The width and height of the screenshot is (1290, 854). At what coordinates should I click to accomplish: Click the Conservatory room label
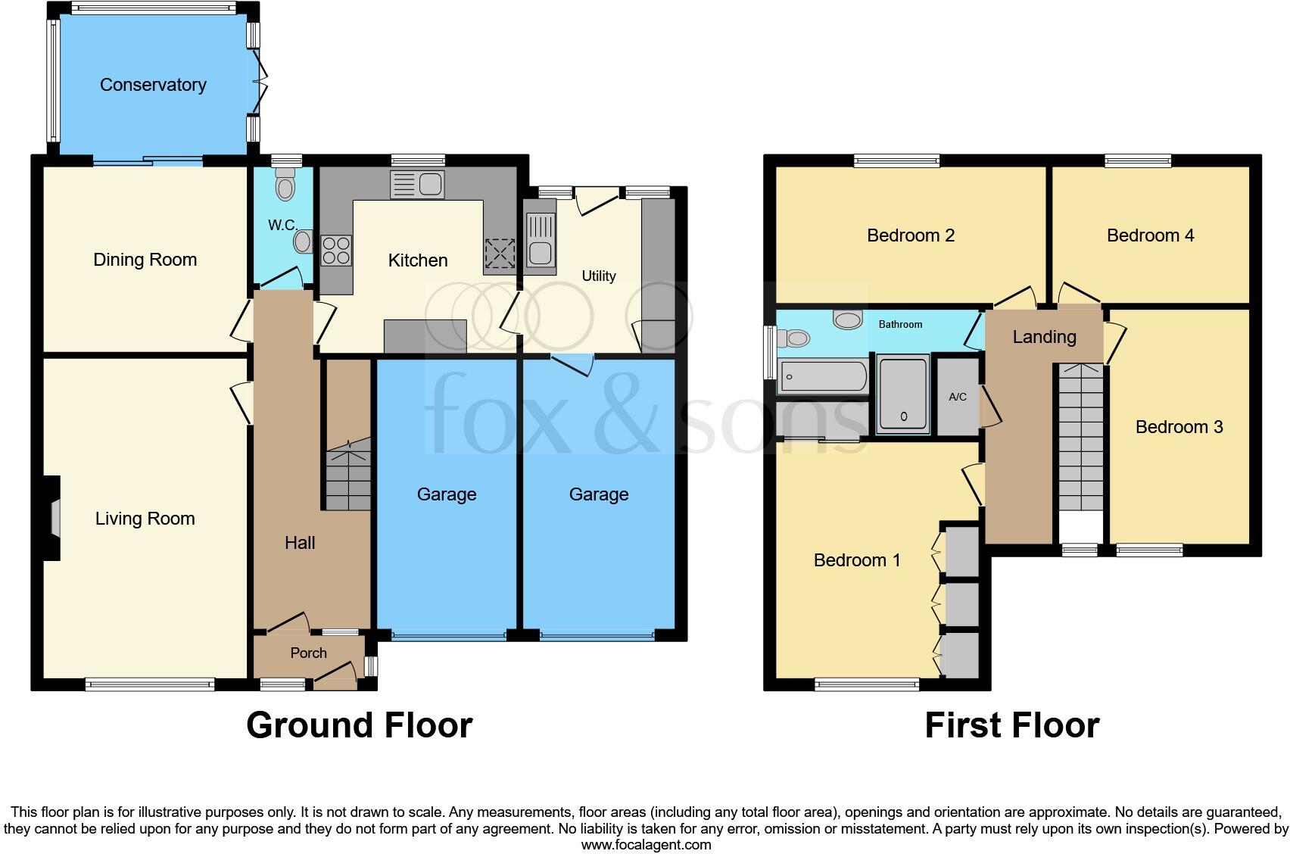tap(153, 85)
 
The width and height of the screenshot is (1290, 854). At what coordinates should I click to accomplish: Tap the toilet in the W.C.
tap(285, 184)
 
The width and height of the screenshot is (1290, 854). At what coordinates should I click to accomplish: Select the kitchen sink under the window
tap(417, 184)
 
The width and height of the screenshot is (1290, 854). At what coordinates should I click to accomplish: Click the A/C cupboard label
tap(958, 397)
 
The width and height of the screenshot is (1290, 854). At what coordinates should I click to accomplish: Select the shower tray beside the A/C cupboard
tap(903, 395)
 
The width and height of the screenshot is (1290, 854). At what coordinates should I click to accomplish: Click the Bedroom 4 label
tap(1150, 235)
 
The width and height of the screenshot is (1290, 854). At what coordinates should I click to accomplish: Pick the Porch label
tap(309, 653)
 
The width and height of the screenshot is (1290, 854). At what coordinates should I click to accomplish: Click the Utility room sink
tap(540, 240)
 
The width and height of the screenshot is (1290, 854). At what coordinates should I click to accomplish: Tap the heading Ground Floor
tap(359, 725)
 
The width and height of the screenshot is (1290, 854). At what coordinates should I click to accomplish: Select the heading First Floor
tap(1011, 725)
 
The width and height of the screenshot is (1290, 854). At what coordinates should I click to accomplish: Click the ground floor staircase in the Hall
tap(348, 473)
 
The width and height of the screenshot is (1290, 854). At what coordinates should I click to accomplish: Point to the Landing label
tap(1044, 337)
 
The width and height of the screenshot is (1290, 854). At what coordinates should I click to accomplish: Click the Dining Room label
tap(145, 260)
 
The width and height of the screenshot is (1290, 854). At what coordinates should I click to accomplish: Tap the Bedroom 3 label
tap(1179, 427)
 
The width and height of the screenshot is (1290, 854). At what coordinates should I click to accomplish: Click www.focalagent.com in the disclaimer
tap(646, 844)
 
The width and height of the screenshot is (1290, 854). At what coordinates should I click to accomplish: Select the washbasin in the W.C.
tap(303, 242)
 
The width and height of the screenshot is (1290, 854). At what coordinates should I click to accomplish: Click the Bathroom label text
tap(900, 324)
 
